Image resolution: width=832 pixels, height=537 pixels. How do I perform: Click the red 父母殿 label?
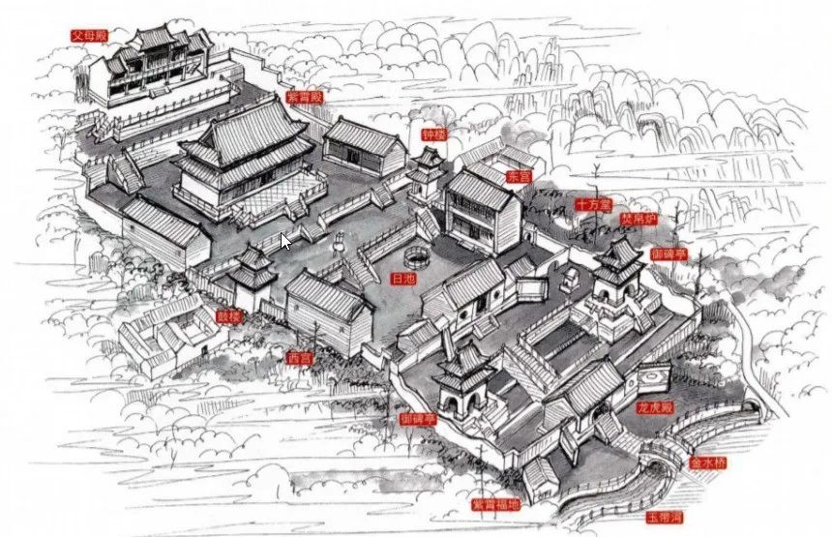pyautogui.click(x=88, y=35)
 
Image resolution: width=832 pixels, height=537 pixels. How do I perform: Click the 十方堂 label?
pyautogui.click(x=593, y=204)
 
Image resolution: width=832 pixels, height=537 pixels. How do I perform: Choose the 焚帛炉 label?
pyautogui.click(x=638, y=220)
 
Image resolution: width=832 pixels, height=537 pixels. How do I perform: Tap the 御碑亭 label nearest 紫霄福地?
pyautogui.click(x=418, y=419)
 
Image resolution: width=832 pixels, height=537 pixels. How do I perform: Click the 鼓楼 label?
pyautogui.click(x=229, y=316)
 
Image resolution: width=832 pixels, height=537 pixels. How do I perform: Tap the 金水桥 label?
pyautogui.click(x=706, y=463)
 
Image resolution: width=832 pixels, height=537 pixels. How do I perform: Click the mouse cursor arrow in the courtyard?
pyautogui.click(x=286, y=242)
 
